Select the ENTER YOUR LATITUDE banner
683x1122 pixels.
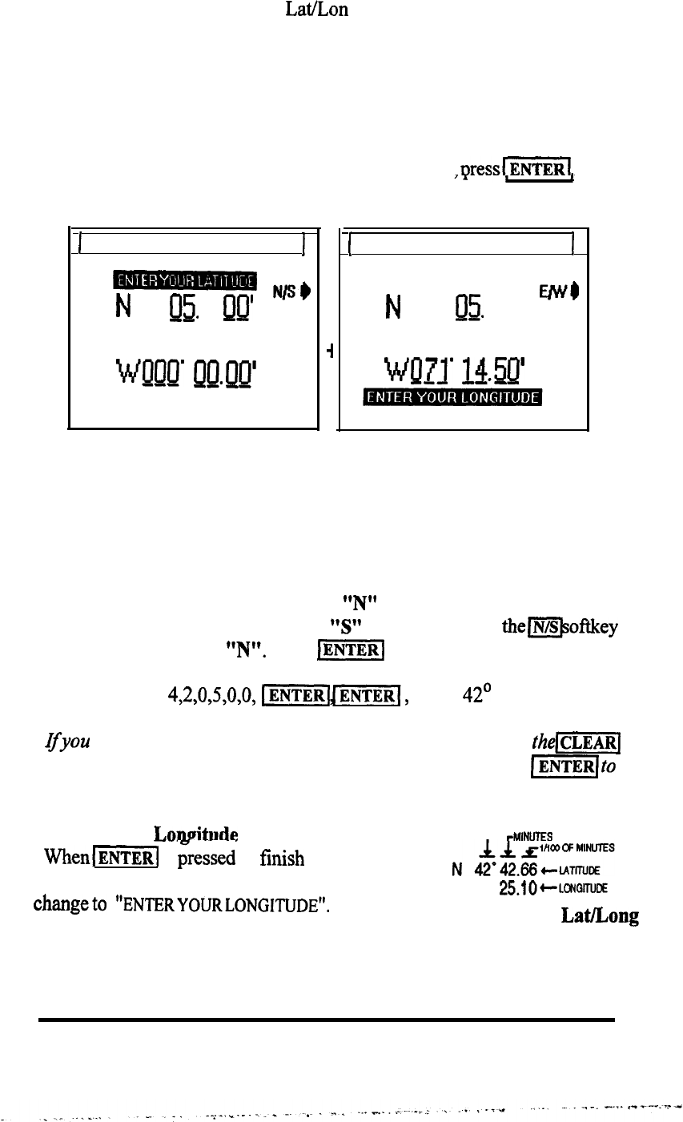click(x=184, y=279)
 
